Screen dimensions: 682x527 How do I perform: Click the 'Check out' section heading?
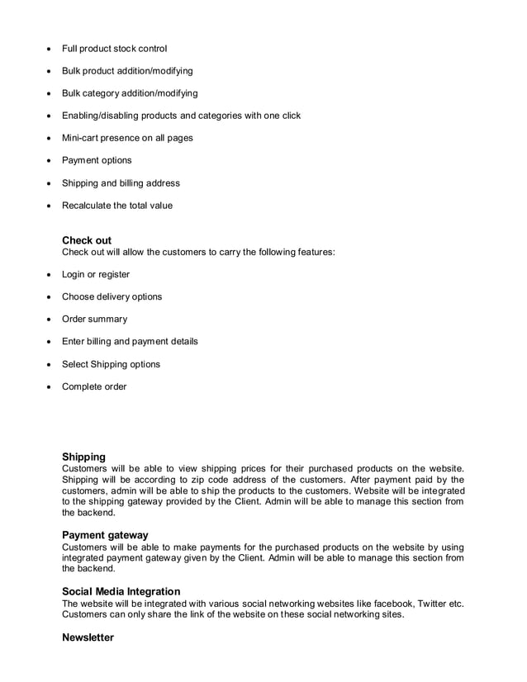click(x=87, y=240)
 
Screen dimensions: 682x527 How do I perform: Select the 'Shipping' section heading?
click(x=83, y=457)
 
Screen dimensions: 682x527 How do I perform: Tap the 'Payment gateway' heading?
click(x=105, y=535)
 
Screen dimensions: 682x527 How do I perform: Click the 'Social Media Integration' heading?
click(x=121, y=591)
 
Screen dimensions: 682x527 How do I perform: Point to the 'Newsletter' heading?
click(x=88, y=638)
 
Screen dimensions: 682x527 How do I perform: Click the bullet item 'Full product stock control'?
click(x=114, y=49)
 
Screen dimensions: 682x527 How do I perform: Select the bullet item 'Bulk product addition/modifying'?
click(x=127, y=71)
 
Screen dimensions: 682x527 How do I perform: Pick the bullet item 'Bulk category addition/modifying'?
click(x=130, y=93)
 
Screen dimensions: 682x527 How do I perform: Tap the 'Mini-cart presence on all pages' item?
click(x=127, y=138)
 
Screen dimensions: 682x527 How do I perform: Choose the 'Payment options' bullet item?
click(x=97, y=160)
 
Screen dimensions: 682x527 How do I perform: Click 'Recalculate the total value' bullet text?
click(x=117, y=206)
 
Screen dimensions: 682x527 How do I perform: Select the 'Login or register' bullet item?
click(x=96, y=274)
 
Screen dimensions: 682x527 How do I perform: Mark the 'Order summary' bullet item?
click(x=94, y=319)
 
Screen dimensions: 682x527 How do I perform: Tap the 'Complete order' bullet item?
click(x=94, y=386)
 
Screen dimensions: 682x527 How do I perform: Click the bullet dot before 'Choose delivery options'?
click(x=50, y=297)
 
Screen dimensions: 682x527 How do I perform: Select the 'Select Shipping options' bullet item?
click(x=111, y=364)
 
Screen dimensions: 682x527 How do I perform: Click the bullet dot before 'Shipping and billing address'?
click(x=50, y=183)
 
